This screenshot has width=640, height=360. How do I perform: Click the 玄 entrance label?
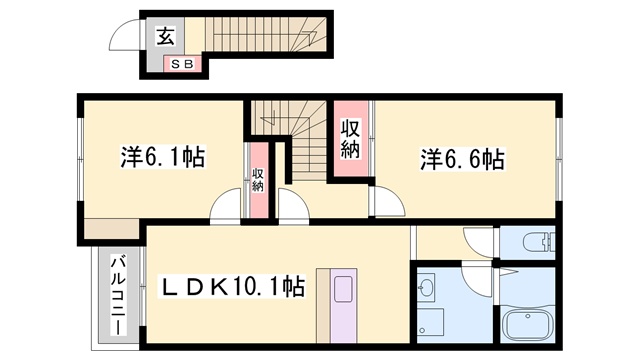(164, 38)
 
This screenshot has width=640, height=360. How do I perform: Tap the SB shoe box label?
(183, 65)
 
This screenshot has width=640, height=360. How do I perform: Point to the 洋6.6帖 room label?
(461, 158)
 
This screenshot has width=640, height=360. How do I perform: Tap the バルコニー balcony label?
(116, 294)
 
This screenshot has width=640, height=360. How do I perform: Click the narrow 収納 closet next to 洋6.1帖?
(257, 181)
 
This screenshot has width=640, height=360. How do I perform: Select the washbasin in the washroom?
(427, 290)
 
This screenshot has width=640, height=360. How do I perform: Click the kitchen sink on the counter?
(337, 289)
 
